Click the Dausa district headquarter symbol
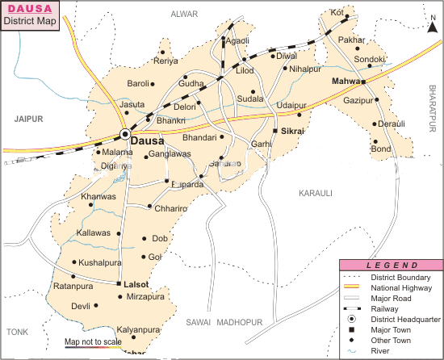coord(125,134)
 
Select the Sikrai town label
coord(293,130)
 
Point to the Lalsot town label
coord(137,284)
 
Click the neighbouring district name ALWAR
coord(185,14)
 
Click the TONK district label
coord(17,332)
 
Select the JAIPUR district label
coord(27,118)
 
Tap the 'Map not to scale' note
coord(93,342)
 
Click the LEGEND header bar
coord(392,265)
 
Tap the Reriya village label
coord(165,61)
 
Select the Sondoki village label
coord(370,60)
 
